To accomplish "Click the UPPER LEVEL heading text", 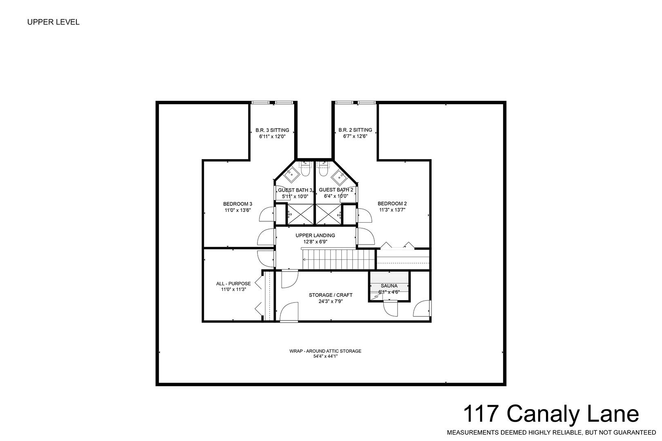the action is (x=53, y=22).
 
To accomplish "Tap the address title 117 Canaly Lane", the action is (x=551, y=414).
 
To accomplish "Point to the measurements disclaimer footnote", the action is (x=551, y=432).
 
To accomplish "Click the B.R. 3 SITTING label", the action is (x=272, y=130).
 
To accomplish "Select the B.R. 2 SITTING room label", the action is (x=355, y=130).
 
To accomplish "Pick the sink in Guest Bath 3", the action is (x=292, y=174).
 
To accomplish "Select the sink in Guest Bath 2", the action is (x=339, y=177).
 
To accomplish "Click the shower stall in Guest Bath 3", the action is (x=301, y=214).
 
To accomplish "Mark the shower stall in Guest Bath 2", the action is (x=329, y=214).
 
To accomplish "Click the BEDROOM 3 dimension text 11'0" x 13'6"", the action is (x=237, y=210).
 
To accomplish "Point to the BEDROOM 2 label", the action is (x=392, y=203).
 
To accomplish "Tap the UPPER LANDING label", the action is (x=315, y=236).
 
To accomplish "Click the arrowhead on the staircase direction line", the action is (x=304, y=260).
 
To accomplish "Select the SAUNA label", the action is (x=389, y=286).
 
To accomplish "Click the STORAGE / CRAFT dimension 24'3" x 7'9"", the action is (x=331, y=301).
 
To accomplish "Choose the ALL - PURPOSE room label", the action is (x=233, y=283).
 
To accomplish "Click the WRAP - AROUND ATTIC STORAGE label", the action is (x=325, y=351).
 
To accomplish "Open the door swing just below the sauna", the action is (x=390, y=308).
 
